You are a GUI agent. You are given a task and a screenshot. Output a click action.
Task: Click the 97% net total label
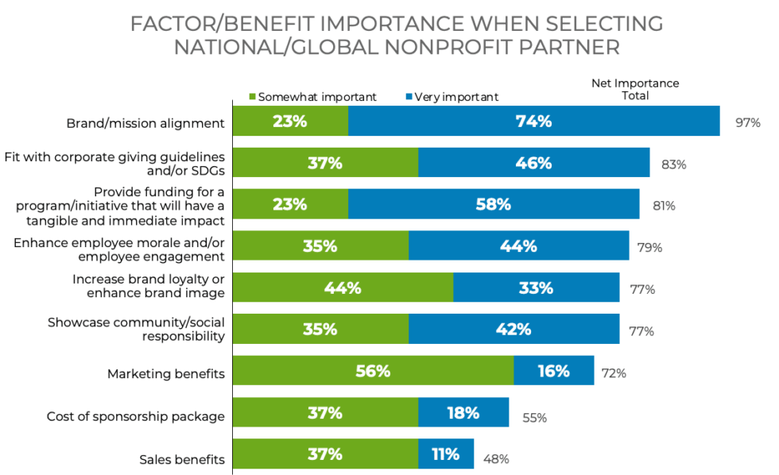click(748, 122)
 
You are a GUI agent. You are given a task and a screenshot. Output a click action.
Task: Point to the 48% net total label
click(496, 458)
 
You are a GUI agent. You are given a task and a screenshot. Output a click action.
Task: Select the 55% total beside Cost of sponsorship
click(534, 417)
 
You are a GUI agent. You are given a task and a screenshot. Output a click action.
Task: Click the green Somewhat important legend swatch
click(253, 97)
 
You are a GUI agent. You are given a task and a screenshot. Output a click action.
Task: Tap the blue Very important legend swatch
click(409, 97)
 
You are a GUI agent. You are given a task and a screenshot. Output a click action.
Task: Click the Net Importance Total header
click(635, 89)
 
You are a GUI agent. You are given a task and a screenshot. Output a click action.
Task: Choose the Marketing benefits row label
click(166, 373)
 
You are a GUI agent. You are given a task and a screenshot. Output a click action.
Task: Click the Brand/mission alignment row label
click(145, 123)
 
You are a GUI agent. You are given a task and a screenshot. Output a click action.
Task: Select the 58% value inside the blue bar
click(494, 204)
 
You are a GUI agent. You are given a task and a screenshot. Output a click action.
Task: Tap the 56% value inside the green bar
click(373, 371)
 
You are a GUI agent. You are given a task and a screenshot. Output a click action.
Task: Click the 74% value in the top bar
click(533, 122)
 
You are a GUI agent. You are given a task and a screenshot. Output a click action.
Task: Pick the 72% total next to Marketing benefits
click(613, 373)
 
